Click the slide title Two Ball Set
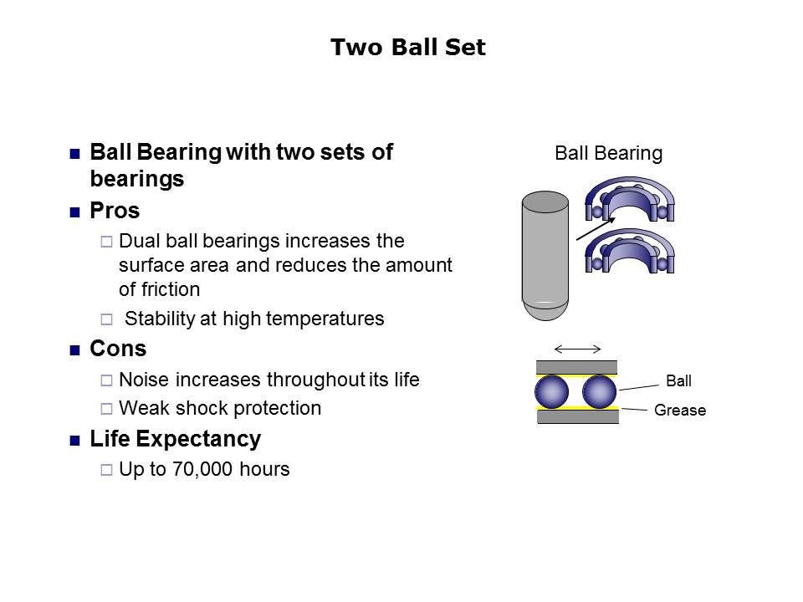(x=407, y=47)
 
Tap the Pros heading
(x=115, y=211)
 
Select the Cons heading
(x=118, y=349)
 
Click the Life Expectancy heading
(x=176, y=439)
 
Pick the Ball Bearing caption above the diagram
(x=608, y=153)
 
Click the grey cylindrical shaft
(x=545, y=256)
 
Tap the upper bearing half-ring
(x=629, y=200)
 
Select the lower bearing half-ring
(x=629, y=252)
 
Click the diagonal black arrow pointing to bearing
(x=596, y=228)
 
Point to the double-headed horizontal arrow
(x=578, y=349)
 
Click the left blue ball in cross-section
(x=551, y=392)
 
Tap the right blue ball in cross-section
(x=599, y=392)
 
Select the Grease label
(x=680, y=410)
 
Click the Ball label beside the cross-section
(x=678, y=381)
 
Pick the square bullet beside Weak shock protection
(x=106, y=409)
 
